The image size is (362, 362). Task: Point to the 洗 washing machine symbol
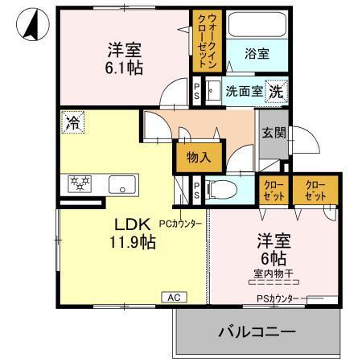click(x=275, y=91)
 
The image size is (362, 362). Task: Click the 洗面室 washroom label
click(x=244, y=92)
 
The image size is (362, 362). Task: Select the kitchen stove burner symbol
click(x=80, y=183)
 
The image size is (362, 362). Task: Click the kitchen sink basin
click(x=122, y=183)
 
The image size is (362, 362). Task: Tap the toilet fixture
click(x=226, y=190)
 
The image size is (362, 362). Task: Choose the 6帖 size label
click(x=272, y=258)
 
